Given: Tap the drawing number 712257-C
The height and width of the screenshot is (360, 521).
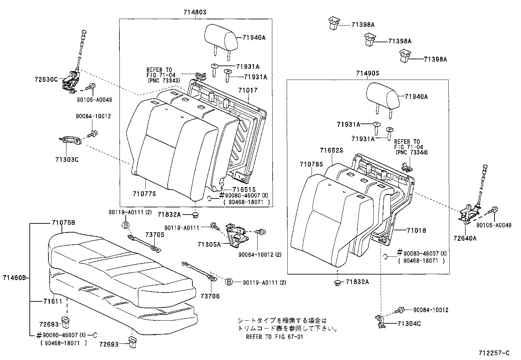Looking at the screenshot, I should coord(494,353).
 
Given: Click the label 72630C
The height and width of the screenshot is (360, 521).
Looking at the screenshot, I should coord(46,79).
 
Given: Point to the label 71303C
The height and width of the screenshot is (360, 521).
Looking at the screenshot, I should coord(67,160).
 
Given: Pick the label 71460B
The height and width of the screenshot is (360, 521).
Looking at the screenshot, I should coord(14,278).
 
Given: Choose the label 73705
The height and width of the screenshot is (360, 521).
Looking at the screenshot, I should coord(155,235).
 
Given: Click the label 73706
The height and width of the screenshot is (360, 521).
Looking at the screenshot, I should coord(210,296).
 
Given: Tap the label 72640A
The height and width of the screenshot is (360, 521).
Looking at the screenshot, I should coord(465,238).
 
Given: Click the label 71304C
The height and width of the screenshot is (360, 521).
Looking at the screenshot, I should coord(409,324).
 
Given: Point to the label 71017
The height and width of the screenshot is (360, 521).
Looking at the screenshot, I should coord(248,90).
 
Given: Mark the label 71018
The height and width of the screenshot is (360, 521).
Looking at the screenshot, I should coord(416,231).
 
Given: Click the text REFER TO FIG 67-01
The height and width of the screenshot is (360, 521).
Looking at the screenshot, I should coord(274,337).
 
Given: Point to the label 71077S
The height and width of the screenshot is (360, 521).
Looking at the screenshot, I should coord(144,194).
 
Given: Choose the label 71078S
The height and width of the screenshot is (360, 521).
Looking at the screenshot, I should coord(311,164).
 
